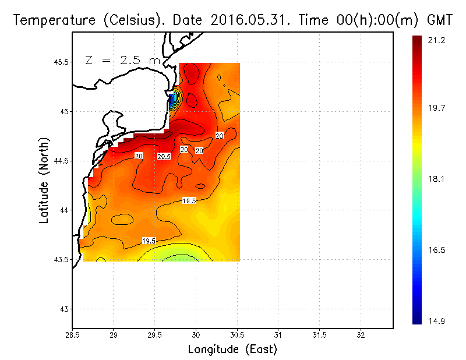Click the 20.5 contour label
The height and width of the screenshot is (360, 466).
pos(164,156)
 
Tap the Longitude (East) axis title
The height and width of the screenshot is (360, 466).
pos(232,350)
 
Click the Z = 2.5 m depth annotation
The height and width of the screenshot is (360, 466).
pos(124,59)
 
